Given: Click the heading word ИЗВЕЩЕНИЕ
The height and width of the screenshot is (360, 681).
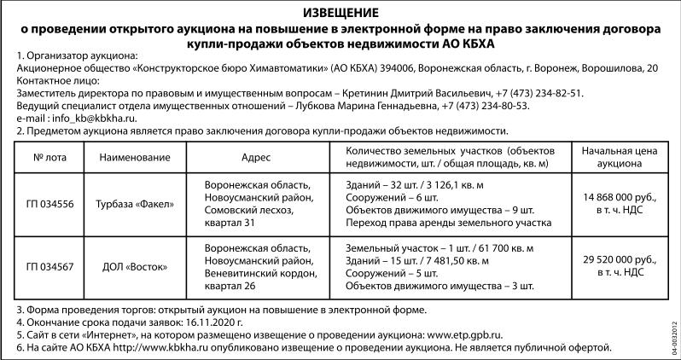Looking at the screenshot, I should click(x=340, y=12).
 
